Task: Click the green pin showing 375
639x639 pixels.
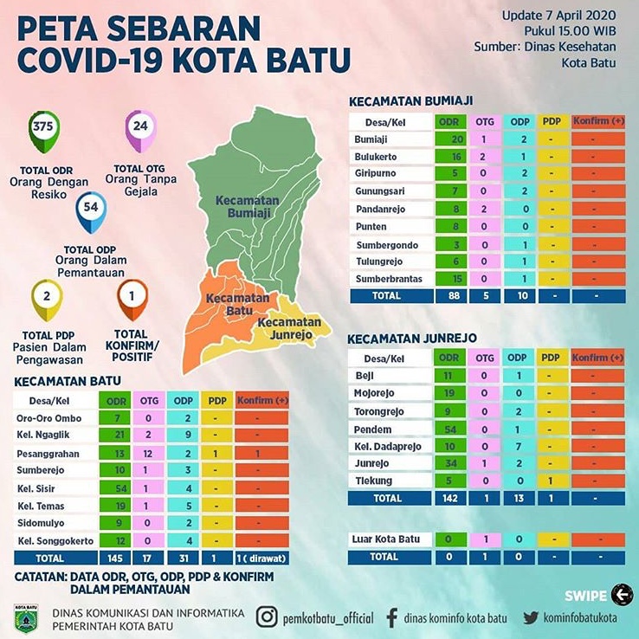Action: [42, 128]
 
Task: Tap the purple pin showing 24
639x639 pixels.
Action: [139, 128]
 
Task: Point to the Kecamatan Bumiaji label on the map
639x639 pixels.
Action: [248, 206]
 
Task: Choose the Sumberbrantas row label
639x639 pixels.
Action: [390, 278]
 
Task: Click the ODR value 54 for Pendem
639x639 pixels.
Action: [449, 429]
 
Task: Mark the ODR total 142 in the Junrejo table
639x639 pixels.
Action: [449, 498]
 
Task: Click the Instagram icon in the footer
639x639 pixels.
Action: [268, 617]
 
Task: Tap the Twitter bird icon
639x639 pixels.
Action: [531, 617]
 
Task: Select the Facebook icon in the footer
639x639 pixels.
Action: [391, 617]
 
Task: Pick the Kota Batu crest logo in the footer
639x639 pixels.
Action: [25, 618]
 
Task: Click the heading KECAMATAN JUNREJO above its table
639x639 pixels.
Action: [412, 338]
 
